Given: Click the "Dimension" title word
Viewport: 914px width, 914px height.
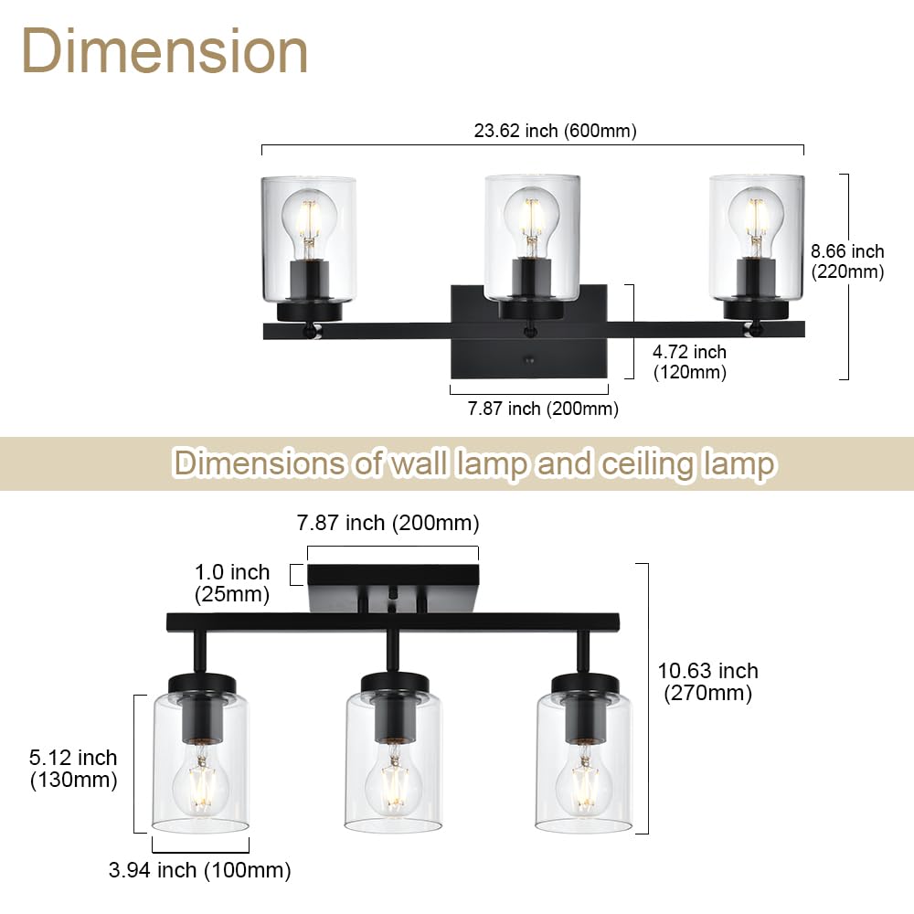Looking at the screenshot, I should point(165,52).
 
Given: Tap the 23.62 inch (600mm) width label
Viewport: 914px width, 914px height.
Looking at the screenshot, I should point(555,131).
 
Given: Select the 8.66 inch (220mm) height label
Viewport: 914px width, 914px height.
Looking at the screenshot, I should point(847,261).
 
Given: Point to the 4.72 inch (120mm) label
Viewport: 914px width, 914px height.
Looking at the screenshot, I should point(690,362).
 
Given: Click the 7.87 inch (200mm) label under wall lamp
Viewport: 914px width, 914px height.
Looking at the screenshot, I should point(543,409).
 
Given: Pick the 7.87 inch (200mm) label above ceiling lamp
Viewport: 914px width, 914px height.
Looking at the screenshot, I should point(388,524).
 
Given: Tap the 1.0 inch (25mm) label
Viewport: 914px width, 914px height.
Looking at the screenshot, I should point(232,583).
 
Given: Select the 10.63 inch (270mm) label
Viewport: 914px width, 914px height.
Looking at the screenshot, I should point(707,682).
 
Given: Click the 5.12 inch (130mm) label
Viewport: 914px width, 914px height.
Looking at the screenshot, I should point(73,769).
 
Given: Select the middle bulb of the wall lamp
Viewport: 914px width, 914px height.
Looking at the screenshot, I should point(531,218).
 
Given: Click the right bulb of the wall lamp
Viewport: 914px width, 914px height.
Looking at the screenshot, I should point(756,218).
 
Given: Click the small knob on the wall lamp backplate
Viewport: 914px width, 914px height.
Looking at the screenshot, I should point(528,362).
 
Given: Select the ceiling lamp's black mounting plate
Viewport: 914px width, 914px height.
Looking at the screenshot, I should point(393,577).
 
